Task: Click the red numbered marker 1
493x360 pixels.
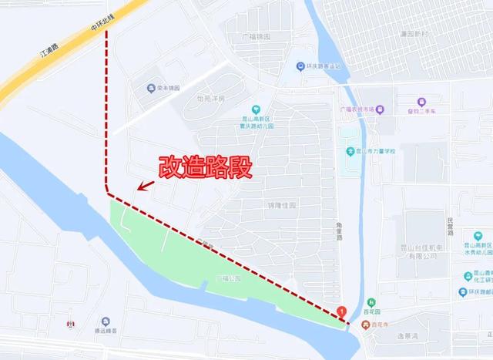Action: tap(343, 312)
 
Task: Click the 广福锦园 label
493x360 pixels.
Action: tap(255, 36)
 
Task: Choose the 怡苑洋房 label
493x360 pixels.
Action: tap(210, 99)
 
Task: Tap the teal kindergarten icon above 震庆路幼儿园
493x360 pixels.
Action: tap(256, 109)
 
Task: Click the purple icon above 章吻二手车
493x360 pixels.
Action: tap(421, 102)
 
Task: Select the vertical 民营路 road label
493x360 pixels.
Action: tap(451, 225)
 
